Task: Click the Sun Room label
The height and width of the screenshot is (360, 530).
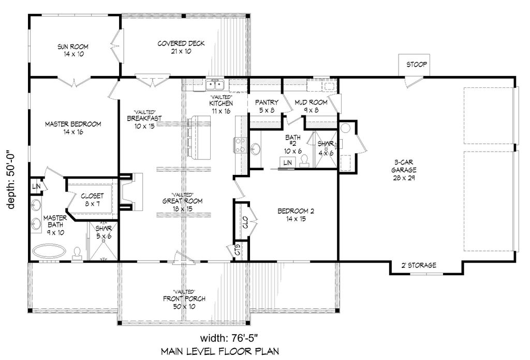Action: [73, 50]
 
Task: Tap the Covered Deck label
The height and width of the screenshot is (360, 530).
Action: [181, 47]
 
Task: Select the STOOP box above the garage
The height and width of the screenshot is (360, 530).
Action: [414, 65]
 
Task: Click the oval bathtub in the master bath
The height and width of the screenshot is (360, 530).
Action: [49, 251]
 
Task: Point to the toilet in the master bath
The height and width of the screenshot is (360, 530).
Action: [78, 254]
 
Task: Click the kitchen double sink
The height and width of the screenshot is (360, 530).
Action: [214, 84]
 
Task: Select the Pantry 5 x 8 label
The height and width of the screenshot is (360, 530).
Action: [267, 106]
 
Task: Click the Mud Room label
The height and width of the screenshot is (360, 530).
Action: [311, 106]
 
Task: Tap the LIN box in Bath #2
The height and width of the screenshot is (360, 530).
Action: [287, 162]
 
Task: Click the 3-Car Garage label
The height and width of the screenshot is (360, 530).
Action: [404, 170]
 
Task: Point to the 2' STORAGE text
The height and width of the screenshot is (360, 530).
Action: [418, 265]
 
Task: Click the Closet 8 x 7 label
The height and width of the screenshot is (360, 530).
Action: [92, 200]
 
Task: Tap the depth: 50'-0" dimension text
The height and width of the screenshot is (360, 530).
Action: [11, 178]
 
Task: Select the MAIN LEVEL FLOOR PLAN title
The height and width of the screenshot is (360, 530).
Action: [220, 352]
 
